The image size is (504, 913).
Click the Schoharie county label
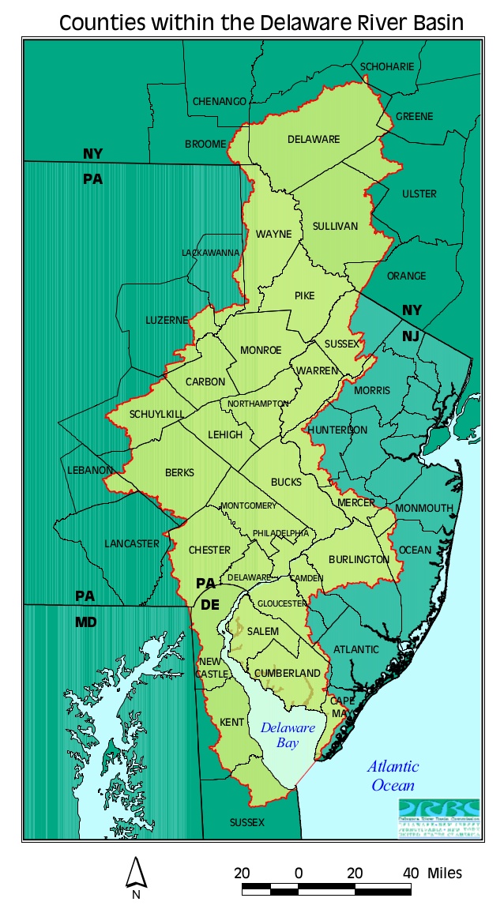click(x=387, y=67)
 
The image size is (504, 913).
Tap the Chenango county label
click(x=220, y=102)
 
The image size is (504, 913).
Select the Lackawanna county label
click(x=210, y=253)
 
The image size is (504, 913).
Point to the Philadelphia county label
click(x=281, y=534)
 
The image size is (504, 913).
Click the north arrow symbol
click(x=136, y=874)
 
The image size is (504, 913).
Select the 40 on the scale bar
click(x=411, y=873)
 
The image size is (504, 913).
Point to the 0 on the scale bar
click(x=299, y=873)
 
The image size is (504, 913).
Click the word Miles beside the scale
click(x=445, y=873)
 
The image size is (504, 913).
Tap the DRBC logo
click(x=438, y=821)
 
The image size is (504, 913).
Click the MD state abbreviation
click(x=86, y=622)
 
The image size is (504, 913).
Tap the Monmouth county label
click(x=425, y=508)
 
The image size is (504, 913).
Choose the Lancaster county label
click(x=132, y=544)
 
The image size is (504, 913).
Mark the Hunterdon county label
click(x=337, y=430)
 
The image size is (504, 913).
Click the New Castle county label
click(x=213, y=667)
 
